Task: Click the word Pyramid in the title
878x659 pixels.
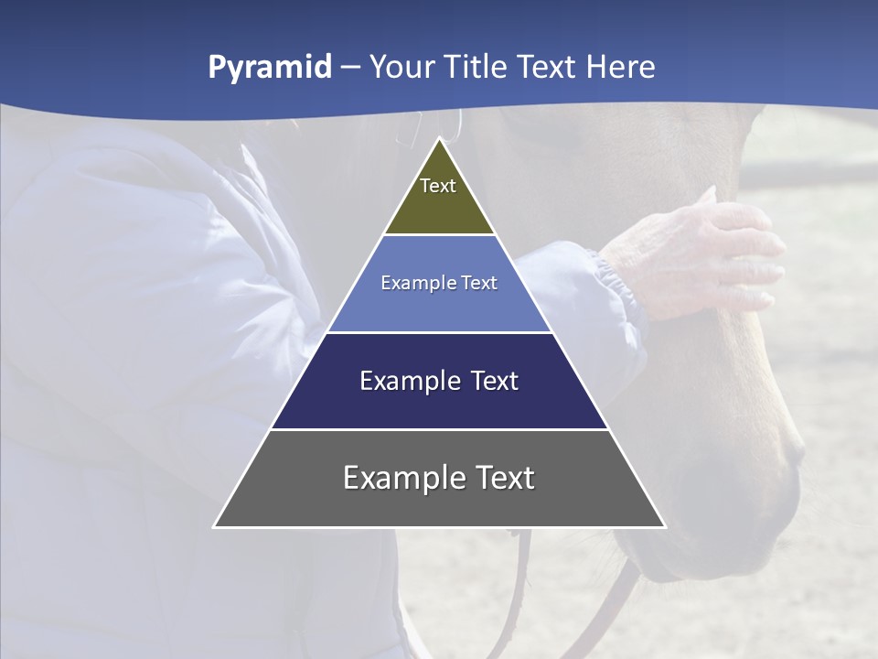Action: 270,68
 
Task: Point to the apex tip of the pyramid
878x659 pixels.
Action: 440,139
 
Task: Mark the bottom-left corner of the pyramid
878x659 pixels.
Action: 215,526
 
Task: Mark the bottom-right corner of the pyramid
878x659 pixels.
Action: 665,526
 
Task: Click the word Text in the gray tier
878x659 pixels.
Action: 501,478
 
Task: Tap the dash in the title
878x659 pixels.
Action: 350,68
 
